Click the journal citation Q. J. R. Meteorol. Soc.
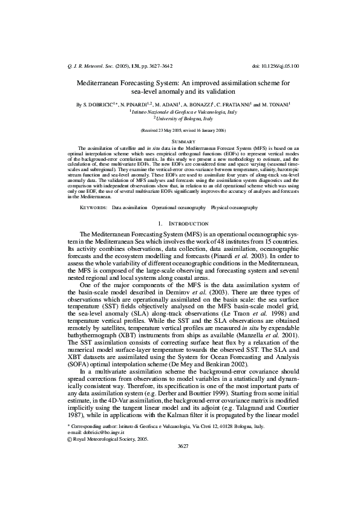point(88,65)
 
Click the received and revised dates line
point(180,130)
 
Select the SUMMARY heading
point(180,140)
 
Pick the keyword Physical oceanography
point(234,207)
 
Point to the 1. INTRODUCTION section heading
point(180,224)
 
